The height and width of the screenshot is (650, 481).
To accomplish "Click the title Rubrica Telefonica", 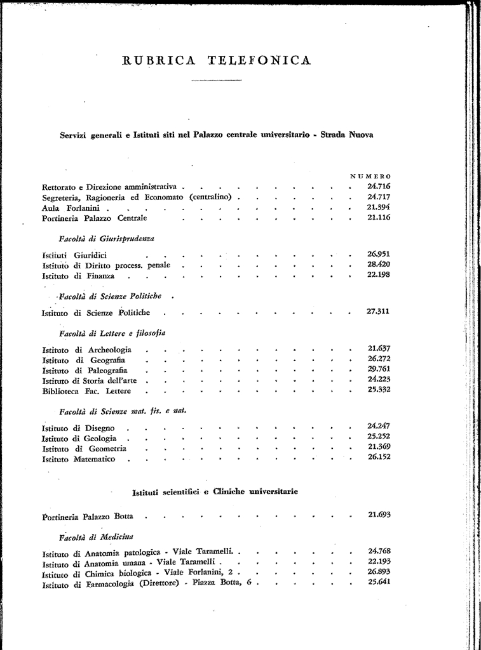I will [x=216, y=61].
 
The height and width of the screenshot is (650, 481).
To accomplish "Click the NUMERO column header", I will [x=370, y=176].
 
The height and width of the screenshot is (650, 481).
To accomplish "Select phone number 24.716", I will [x=379, y=187].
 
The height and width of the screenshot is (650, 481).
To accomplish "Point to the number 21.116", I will [x=379, y=218].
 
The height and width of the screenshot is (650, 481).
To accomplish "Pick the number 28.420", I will [x=379, y=265].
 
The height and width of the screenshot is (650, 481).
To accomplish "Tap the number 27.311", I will [x=379, y=312].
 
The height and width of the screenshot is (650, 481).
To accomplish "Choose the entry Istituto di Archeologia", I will [x=86, y=350].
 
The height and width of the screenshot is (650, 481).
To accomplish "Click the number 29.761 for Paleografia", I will [x=379, y=370].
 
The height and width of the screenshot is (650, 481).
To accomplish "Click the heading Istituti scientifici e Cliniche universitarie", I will [x=215, y=492].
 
